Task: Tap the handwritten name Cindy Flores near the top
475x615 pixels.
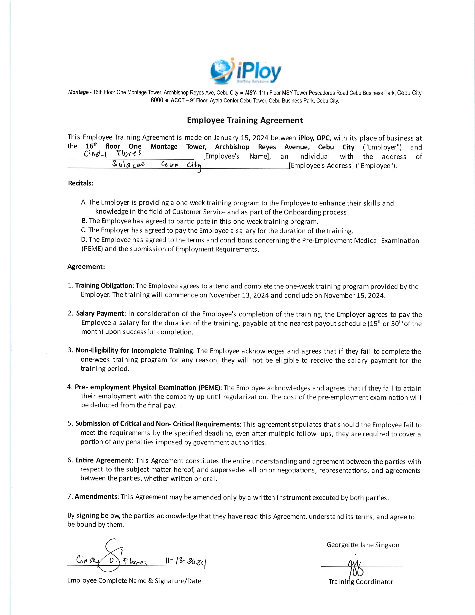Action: [113, 154]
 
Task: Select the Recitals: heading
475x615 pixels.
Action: [80, 183]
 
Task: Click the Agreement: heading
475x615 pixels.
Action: [86, 267]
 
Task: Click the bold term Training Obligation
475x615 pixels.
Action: [104, 286]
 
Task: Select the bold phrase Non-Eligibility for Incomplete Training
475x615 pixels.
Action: [134, 350]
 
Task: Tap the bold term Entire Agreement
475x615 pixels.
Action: [103, 460]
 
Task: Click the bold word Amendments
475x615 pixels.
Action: [96, 496]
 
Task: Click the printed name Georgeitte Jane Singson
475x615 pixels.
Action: [363, 545]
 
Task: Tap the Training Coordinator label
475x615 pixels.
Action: [361, 582]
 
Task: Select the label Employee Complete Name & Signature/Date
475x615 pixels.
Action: [134, 581]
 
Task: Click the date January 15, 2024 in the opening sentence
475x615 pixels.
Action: [241, 138]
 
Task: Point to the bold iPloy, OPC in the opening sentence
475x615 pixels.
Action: [314, 138]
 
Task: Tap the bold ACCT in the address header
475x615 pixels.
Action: [178, 100]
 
